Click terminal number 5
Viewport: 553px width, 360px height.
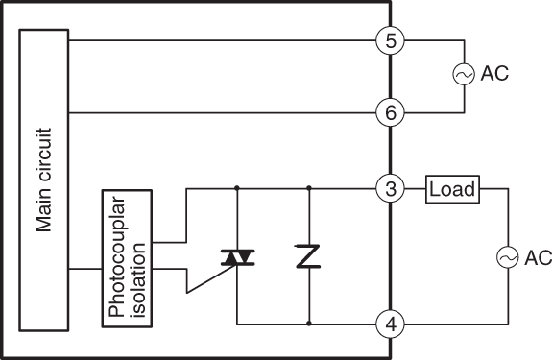click(390, 40)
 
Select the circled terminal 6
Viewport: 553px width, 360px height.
click(390, 113)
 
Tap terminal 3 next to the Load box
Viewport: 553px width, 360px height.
click(390, 189)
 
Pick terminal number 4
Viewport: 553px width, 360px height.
click(390, 324)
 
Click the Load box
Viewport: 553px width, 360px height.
click(452, 189)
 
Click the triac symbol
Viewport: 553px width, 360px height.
click(236, 257)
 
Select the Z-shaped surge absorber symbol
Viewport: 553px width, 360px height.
click(309, 256)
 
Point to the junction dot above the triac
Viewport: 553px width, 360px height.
click(236, 189)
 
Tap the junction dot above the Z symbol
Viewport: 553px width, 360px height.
click(309, 189)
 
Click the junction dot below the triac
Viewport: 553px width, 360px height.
click(236, 324)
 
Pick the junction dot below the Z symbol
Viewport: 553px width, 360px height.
click(309, 324)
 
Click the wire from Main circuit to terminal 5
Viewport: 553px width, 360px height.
click(221, 40)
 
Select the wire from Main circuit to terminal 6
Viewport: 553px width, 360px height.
click(221, 113)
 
